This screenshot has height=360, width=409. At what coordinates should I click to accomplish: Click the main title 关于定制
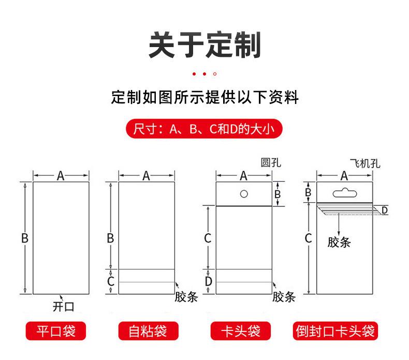tap(204, 45)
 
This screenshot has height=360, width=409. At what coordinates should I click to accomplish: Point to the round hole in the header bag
tap(244, 194)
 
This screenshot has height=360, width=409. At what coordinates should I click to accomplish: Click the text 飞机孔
tap(366, 164)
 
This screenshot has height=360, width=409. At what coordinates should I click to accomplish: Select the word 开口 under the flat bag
tap(64, 307)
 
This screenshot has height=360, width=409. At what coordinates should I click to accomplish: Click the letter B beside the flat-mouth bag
tap(24, 238)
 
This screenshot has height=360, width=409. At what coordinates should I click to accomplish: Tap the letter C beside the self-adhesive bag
tap(110, 282)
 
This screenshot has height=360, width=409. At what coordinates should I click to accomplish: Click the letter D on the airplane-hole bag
tap(385, 210)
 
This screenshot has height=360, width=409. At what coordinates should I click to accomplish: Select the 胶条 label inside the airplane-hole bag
tap(339, 243)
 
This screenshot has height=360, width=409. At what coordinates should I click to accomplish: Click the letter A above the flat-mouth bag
tap(61, 176)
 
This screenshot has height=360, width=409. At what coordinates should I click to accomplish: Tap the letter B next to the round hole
tap(277, 194)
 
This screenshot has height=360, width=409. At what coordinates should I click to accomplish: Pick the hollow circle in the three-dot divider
tap(215, 74)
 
